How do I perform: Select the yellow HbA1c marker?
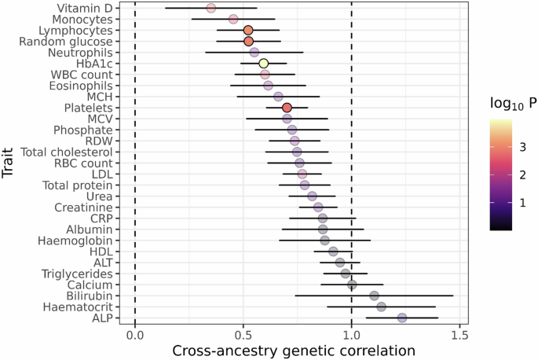[264, 63]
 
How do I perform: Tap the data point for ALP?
[402, 318]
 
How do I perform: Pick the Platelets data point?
[287, 107]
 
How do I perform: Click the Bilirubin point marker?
[375, 296]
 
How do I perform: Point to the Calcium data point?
[352, 285]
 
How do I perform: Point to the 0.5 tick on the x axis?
[243, 335]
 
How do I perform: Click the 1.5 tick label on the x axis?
[459, 335]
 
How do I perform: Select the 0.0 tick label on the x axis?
[135, 335]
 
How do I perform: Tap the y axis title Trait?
[9, 163]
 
